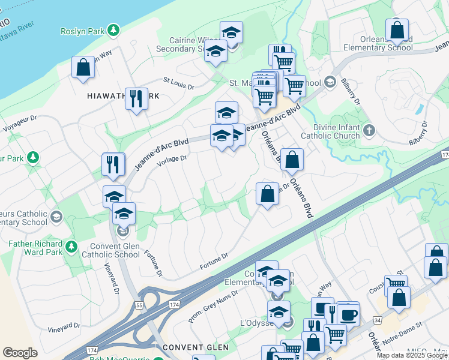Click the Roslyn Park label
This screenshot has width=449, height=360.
click(82, 31)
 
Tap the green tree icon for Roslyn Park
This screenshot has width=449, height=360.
click(113, 30)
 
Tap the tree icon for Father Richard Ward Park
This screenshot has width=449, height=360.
click(71, 246)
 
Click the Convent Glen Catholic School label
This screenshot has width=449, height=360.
click(123, 251)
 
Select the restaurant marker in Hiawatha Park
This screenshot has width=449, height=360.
click(136, 98)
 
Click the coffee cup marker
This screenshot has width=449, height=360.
click(348, 314)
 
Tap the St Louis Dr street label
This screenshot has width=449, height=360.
click(179, 83)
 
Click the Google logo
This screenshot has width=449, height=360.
click(20, 353)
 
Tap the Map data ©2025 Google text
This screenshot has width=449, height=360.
click(411, 355)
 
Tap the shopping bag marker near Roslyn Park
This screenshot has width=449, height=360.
click(83, 68)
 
